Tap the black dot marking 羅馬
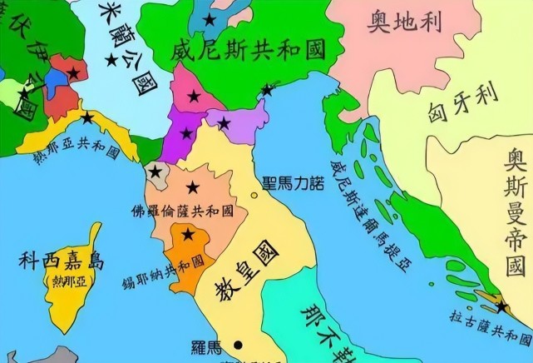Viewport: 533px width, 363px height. coord(238,344)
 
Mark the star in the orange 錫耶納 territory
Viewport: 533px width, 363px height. coord(188,236)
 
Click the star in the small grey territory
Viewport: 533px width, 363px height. coord(155,173)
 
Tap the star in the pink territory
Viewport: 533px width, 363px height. coord(194,97)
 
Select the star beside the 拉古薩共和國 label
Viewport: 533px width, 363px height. coord(501,307)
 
